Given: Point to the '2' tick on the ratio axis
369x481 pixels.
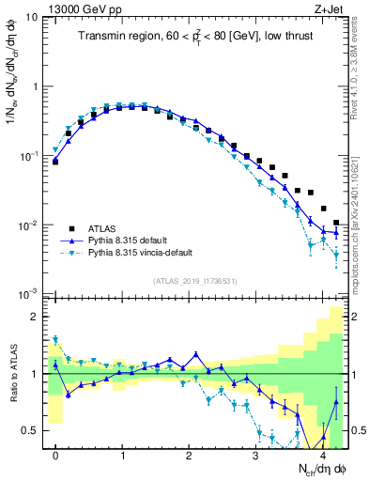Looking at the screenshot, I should tap(35, 317).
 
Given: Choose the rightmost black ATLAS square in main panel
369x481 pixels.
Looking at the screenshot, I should tap(336, 223).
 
